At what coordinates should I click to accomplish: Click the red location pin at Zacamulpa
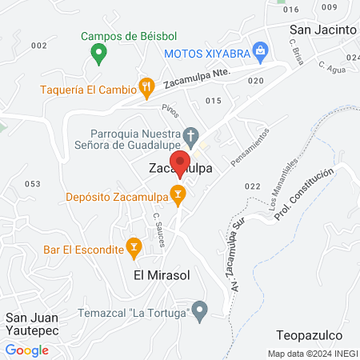point(181,162)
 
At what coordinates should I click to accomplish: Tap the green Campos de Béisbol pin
point(98,54)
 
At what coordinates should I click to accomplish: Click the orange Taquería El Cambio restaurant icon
point(146,85)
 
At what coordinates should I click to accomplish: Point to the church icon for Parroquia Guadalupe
point(190,134)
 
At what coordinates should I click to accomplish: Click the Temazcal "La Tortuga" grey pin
point(201,309)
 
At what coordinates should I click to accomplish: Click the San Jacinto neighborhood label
point(322,30)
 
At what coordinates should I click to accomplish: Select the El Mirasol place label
point(160,276)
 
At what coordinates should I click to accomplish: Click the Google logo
point(26,350)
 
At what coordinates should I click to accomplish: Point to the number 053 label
point(32,184)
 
